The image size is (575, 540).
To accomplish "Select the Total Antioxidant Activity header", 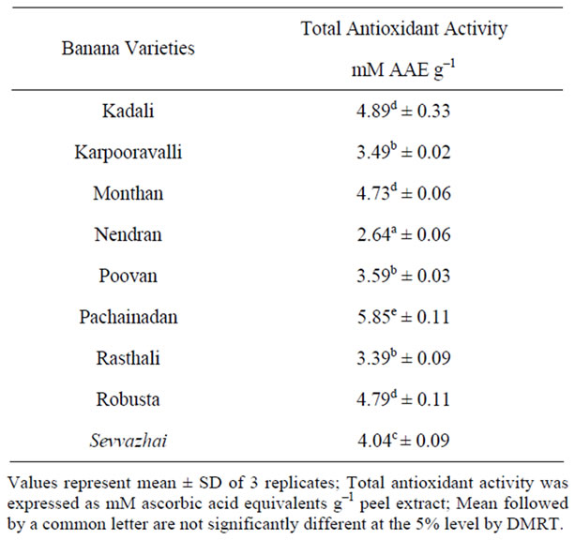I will point(404,29).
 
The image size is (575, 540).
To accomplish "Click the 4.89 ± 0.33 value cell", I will point(404,112).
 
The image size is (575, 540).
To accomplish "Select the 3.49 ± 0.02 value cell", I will point(404,153).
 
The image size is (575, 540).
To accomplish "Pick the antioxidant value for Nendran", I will point(404,235).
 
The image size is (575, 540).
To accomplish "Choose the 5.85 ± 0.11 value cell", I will point(404,318).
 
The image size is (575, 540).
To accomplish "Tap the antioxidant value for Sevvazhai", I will point(404,442).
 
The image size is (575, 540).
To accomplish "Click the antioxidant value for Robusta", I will point(404,400).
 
